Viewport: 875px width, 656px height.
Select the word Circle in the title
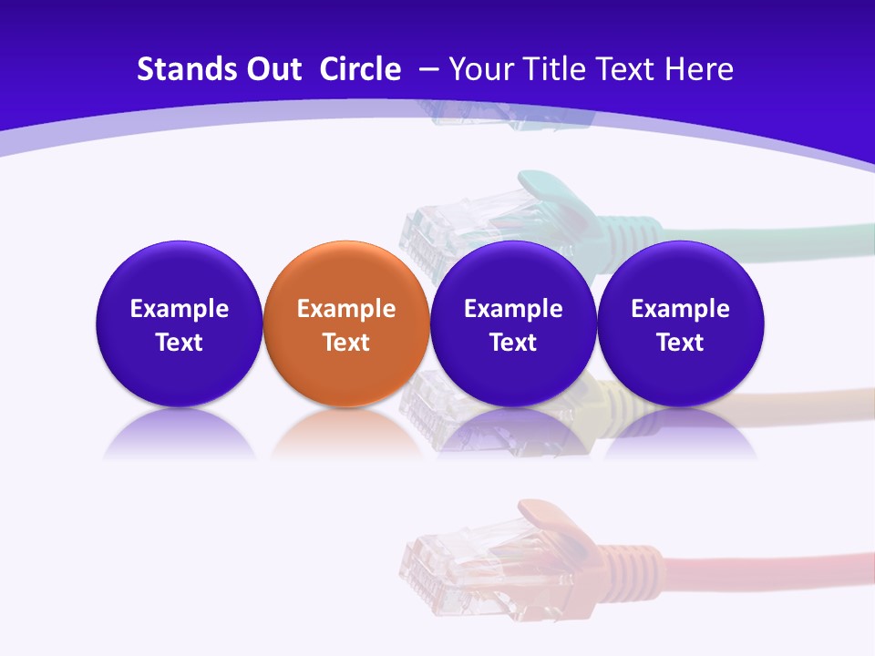[x=360, y=69]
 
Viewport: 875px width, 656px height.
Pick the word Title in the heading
[x=556, y=69]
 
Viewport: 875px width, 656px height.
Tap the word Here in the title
[x=701, y=69]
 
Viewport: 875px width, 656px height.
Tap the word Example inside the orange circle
[x=346, y=309]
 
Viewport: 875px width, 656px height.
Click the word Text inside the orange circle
[x=346, y=343]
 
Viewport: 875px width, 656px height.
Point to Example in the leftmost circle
[x=180, y=309]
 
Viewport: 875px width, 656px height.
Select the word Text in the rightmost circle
[x=680, y=343]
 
